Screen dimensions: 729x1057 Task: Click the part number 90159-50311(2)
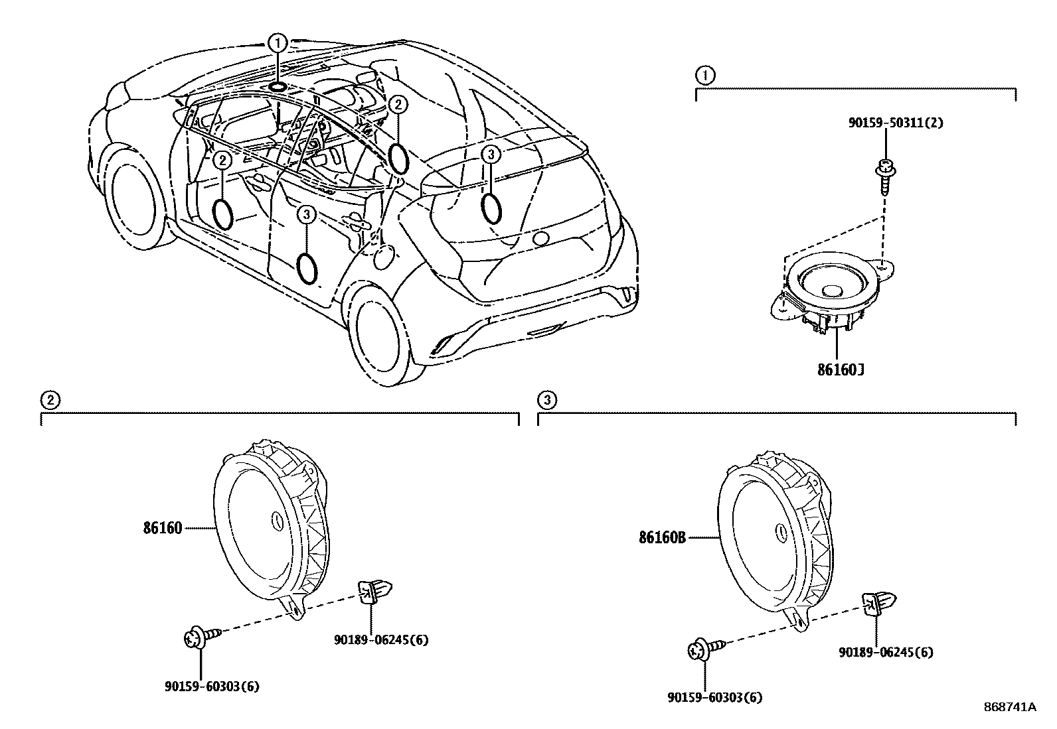[x=895, y=123]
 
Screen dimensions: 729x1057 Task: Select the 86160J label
[x=840, y=369]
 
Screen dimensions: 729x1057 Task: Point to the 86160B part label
[x=662, y=538]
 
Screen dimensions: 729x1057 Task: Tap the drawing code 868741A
[x=1009, y=707]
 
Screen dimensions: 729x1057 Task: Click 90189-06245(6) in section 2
[x=381, y=639]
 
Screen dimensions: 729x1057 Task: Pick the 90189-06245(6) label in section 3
[x=886, y=652]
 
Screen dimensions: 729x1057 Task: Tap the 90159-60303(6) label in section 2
[x=212, y=687]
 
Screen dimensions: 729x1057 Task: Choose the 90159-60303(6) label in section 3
[x=715, y=697]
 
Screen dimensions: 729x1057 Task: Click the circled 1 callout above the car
[x=278, y=43]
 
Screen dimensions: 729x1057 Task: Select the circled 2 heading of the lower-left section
[x=48, y=400]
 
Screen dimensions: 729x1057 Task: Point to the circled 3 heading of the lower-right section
[x=546, y=400]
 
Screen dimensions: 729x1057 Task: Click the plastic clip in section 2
[x=374, y=590]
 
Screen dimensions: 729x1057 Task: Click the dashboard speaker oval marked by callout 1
[x=278, y=86]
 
